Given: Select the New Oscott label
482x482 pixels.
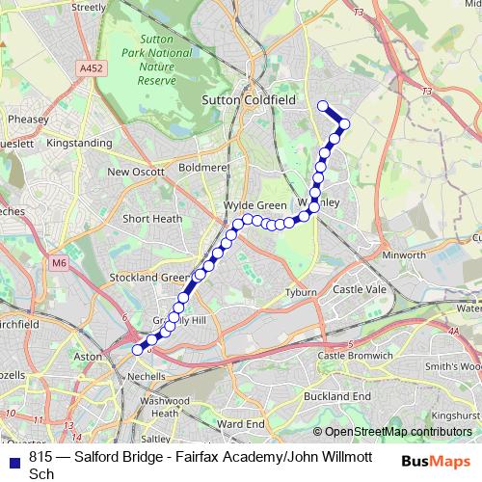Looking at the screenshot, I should pos(132,172).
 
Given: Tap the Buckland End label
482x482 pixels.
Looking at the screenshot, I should pos(336,396).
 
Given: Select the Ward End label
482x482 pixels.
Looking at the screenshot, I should pos(241,423).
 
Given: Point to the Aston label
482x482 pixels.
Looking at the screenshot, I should pos(88,356).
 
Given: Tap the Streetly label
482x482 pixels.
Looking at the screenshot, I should pos(89,7).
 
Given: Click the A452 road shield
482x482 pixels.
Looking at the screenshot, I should pos(93,68).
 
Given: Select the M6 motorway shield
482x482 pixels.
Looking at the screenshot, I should pos(61,261).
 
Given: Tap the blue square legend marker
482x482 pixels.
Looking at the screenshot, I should pos(13,460).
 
